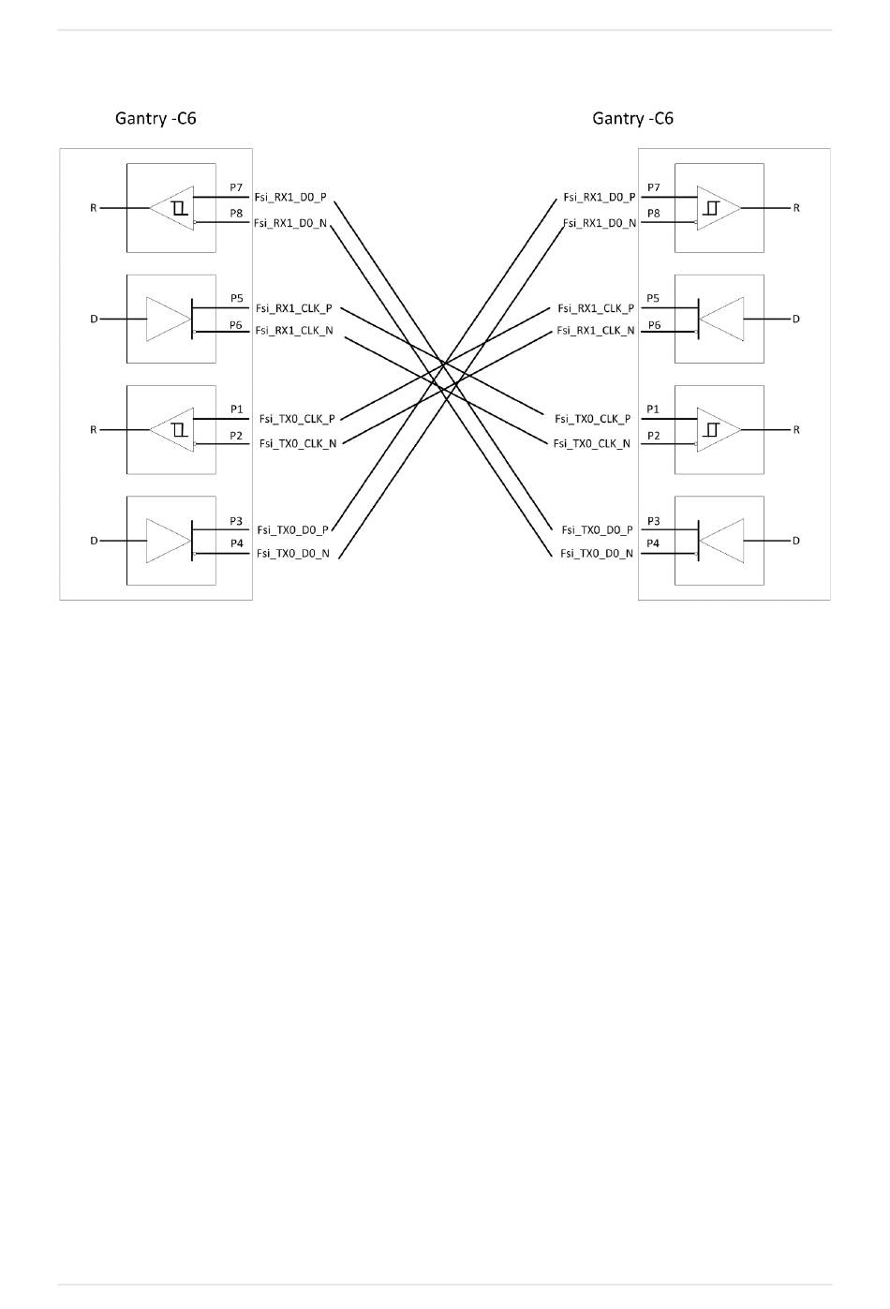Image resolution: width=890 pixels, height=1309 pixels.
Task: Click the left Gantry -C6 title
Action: (156, 118)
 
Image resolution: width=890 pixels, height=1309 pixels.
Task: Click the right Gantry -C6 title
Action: (632, 118)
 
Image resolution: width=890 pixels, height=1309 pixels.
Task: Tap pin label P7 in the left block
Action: (236, 188)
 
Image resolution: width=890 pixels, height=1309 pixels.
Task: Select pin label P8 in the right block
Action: (653, 214)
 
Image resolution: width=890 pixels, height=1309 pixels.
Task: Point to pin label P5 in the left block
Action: (236, 299)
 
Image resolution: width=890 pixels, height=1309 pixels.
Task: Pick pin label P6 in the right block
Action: (654, 325)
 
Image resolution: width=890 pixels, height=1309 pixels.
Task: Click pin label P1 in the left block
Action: (236, 409)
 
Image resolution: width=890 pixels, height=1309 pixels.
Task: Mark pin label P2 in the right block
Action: (653, 436)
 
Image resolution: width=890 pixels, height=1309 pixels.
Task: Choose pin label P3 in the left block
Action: (236, 521)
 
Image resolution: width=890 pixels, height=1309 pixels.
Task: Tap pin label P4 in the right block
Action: (653, 543)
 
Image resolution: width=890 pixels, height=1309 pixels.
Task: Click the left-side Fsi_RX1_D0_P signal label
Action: (290, 198)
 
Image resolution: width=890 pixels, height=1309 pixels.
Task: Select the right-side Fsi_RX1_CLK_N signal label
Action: (595, 331)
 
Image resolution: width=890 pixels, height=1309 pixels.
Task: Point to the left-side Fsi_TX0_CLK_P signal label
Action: (297, 419)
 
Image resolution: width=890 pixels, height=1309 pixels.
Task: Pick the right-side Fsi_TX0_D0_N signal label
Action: (597, 554)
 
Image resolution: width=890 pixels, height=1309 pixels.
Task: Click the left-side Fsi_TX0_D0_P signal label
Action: (292, 530)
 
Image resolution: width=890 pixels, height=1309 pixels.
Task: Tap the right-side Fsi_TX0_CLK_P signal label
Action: (592, 419)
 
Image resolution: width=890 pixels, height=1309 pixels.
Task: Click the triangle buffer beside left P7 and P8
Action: (171, 208)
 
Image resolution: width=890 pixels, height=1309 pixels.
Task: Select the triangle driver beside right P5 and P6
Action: (722, 320)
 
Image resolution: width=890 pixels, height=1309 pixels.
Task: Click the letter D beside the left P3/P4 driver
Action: (94, 541)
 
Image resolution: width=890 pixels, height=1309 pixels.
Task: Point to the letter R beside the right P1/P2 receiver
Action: (796, 430)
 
